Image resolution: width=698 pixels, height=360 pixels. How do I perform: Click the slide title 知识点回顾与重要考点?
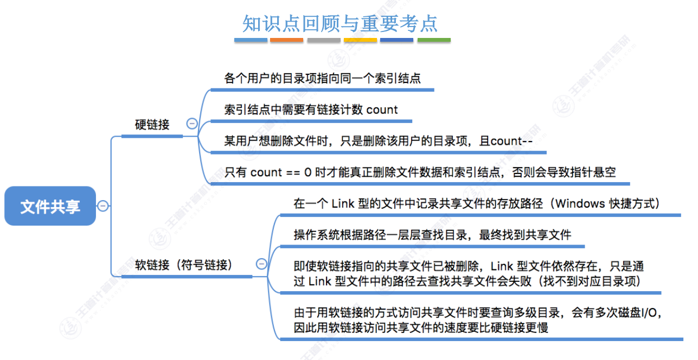coord(340,23)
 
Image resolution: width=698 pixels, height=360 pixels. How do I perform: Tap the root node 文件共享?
coord(50,206)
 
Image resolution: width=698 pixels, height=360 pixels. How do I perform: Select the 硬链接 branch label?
coord(152,125)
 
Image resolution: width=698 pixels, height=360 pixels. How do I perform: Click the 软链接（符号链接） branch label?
coord(184,265)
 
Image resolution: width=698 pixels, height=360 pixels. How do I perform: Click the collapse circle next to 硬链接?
coord(191,124)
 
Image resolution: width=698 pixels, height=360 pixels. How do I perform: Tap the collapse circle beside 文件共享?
coord(103,206)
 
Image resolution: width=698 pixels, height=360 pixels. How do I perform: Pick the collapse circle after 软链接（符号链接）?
coord(261,264)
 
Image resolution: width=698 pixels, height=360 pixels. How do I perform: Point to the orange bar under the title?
coord(286,40)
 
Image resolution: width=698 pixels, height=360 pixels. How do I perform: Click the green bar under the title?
coord(434,40)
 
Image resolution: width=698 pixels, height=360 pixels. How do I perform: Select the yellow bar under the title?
coord(360,40)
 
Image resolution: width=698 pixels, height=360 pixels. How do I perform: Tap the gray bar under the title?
coord(323,40)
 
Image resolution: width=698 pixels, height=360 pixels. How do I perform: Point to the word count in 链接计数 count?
coord(382,110)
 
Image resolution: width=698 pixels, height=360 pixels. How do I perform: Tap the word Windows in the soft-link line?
coord(580,204)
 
